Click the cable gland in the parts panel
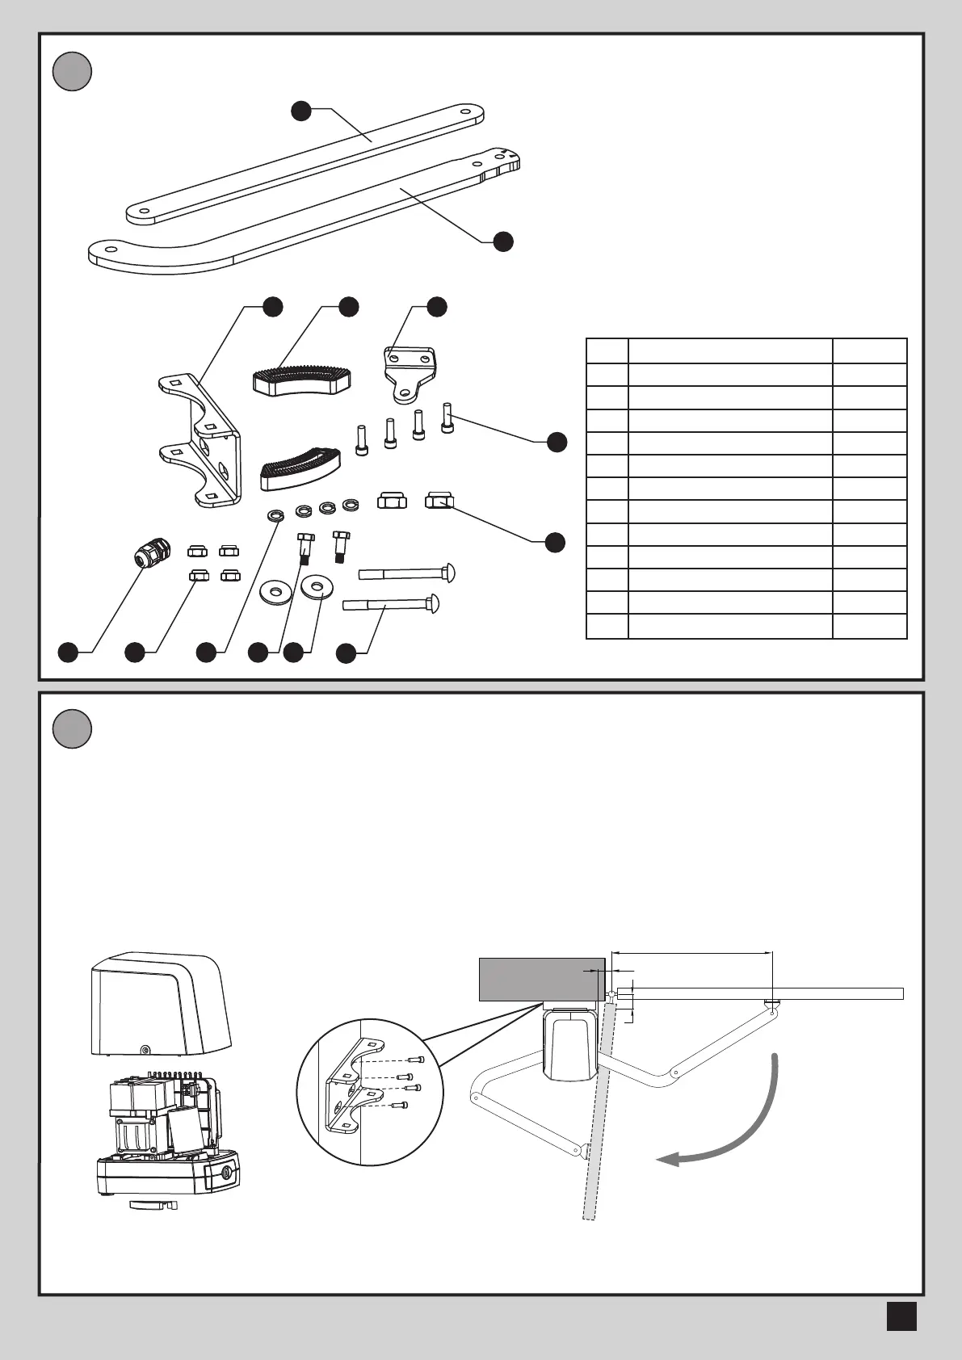149,555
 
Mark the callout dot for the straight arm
301,111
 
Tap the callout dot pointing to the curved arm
503,241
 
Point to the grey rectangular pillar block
541,980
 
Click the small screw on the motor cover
145,1050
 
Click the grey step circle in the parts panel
72,71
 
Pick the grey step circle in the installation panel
72,729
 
